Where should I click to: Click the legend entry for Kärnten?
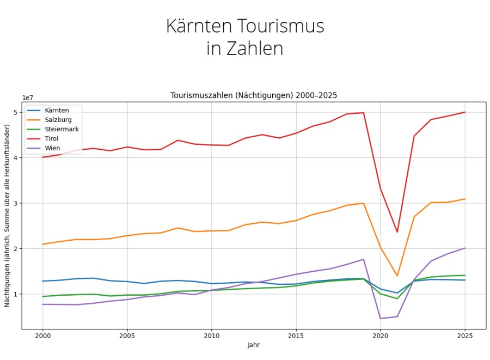[57, 110]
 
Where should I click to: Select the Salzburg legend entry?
[58, 120]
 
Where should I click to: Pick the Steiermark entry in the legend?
[62, 129]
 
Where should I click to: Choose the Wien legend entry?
[53, 148]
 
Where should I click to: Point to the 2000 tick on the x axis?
[42, 336]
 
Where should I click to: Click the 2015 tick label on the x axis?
[296, 336]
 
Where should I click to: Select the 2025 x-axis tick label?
[465, 336]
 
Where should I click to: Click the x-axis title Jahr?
[254, 345]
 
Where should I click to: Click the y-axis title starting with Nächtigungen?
[7, 215]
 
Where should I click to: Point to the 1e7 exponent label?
[27, 97]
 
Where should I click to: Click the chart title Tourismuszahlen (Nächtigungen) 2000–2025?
[254, 95]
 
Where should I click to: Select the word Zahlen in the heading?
[258, 48]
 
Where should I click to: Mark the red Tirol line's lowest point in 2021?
[397, 232]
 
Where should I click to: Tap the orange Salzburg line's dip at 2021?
[397, 276]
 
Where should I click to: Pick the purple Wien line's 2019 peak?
[363, 259]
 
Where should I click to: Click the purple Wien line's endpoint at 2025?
[465, 248]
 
